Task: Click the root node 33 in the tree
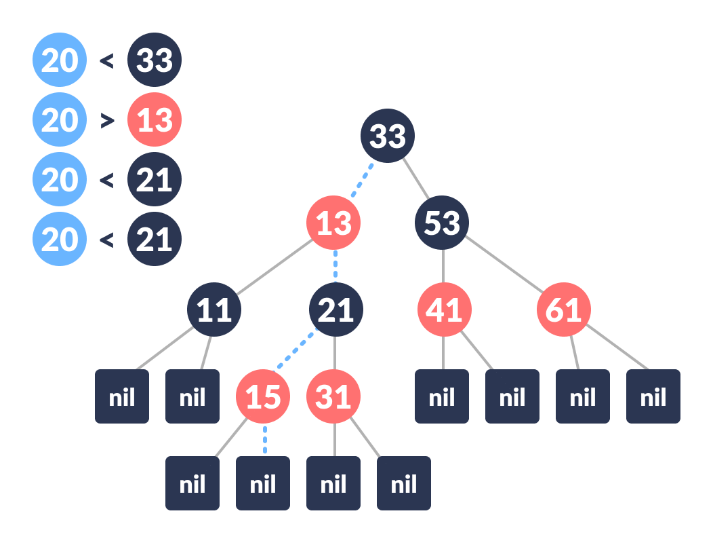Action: [388, 136]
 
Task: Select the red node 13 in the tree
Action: [333, 223]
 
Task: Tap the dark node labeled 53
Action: [442, 223]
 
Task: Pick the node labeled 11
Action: [214, 310]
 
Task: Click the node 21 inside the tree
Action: [336, 310]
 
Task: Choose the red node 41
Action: [444, 310]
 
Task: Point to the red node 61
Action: [564, 310]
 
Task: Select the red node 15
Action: [263, 396]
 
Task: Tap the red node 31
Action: [333, 396]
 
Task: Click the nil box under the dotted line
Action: [263, 483]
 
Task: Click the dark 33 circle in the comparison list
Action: [155, 60]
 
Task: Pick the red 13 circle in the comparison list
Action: [155, 120]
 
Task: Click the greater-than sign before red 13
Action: [106, 121]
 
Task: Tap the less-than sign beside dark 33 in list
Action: [106, 61]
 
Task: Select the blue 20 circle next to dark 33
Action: [60, 60]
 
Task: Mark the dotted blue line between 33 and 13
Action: [362, 179]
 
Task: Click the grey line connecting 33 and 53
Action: [415, 179]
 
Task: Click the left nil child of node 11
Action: [122, 396]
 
